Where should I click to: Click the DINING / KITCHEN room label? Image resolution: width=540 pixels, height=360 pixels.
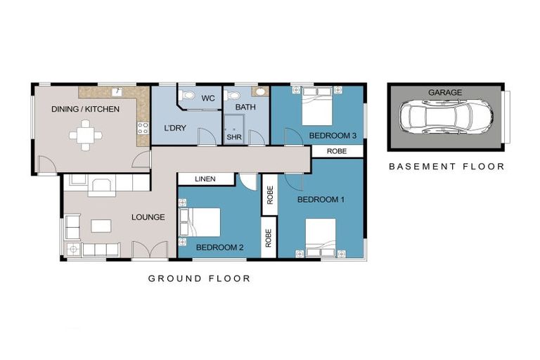pos(85,109)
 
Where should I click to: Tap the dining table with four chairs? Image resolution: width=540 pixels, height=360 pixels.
pos(85,135)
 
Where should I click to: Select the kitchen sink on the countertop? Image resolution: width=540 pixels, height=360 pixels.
pos(117,91)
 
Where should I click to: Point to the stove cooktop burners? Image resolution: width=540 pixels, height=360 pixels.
pos(143,128)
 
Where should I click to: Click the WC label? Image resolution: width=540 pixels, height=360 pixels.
pos(208,98)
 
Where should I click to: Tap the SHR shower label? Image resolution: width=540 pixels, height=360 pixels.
pos(234,137)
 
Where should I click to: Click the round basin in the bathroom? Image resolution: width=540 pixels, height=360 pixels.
pos(260,91)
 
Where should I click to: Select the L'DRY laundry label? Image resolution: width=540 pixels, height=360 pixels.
pos(175,128)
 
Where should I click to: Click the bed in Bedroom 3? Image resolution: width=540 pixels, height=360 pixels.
pos(317,106)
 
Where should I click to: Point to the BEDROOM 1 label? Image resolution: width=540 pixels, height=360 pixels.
pos(321,200)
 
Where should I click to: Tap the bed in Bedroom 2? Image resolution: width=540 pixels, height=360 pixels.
pos(200,222)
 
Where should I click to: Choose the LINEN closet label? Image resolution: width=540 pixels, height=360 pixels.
pos(205,179)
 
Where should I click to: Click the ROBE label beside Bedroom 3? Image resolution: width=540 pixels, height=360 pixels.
pos(337,151)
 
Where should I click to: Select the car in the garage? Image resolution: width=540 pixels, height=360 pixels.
pos(446,117)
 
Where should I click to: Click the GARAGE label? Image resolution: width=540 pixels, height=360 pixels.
pos(445,92)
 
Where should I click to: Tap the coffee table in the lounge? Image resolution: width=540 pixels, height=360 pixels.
pos(101,226)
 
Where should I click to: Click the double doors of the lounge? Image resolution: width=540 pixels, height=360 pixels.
pos(150,249)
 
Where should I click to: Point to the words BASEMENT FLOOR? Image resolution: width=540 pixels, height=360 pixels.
pos(446,167)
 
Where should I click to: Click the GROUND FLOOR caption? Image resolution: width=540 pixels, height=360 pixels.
pos(199,278)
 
